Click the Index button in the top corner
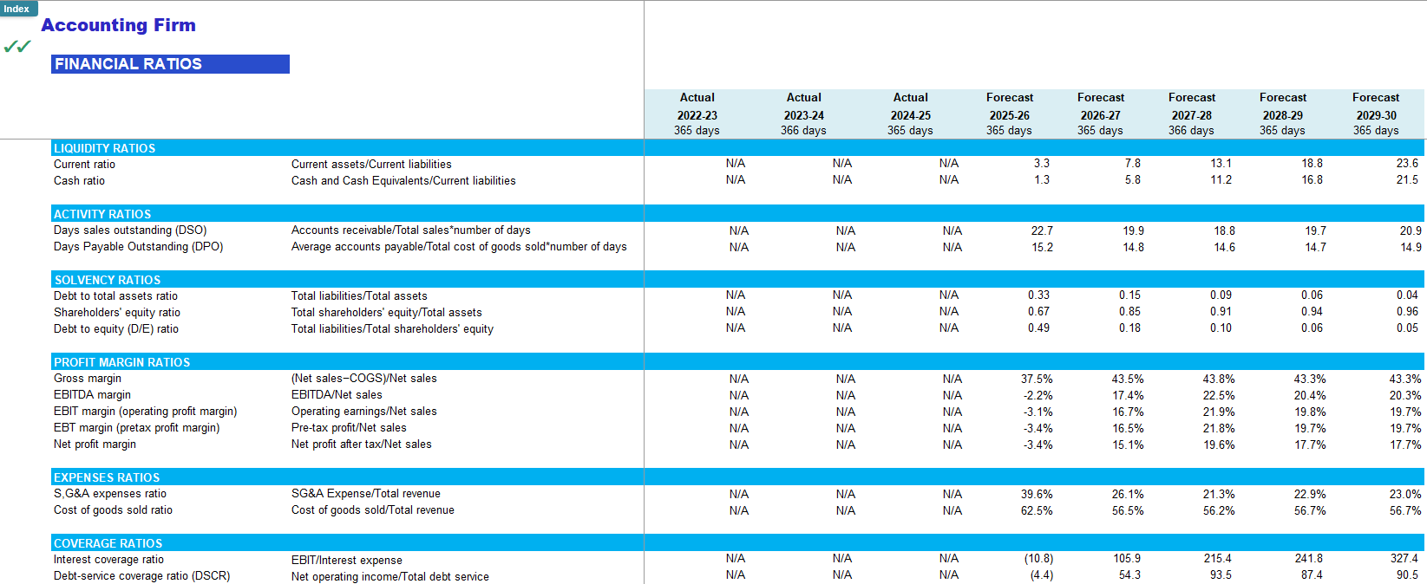click(17, 9)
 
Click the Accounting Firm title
click(118, 25)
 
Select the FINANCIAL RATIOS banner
click(170, 64)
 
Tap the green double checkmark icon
click(17, 47)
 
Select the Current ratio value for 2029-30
click(1407, 164)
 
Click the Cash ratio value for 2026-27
click(1132, 180)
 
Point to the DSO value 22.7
click(1042, 230)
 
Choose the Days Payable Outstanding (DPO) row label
click(139, 247)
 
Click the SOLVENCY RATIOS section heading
click(108, 280)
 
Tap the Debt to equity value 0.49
click(1038, 328)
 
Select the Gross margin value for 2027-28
click(1218, 379)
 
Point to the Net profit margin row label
click(95, 444)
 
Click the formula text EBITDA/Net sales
click(337, 395)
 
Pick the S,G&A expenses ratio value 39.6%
click(1037, 494)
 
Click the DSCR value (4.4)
click(1041, 575)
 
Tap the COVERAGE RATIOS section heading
click(108, 543)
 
